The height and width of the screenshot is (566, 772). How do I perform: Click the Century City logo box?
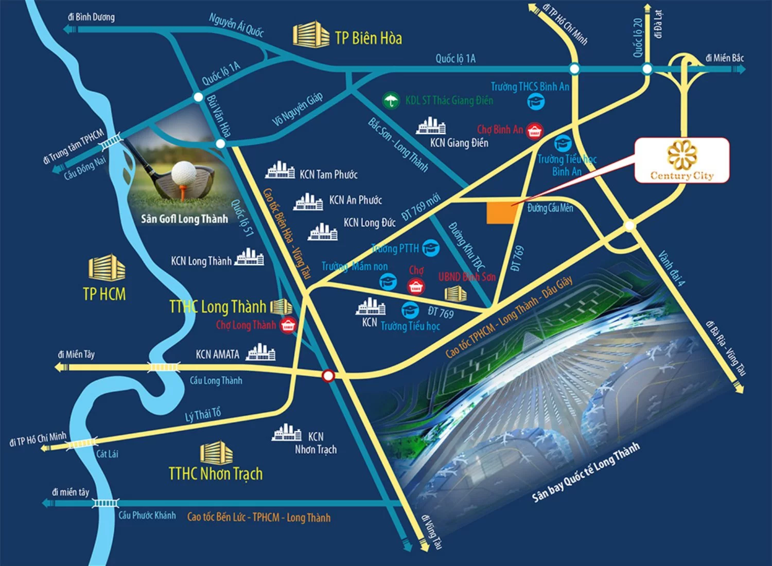click(x=681, y=160)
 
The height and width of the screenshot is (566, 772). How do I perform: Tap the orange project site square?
click(x=501, y=213)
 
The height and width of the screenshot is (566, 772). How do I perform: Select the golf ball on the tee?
click(x=183, y=173)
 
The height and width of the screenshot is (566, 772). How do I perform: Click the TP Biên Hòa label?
click(x=368, y=38)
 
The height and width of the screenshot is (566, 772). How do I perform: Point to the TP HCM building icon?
click(x=107, y=268)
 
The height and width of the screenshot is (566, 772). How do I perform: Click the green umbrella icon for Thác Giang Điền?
click(x=391, y=100)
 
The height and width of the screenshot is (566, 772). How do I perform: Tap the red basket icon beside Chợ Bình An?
click(x=534, y=131)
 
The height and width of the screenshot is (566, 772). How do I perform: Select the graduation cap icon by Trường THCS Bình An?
click(x=536, y=101)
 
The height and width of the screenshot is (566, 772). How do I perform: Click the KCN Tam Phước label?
click(x=328, y=174)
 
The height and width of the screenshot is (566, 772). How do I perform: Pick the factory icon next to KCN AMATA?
click(x=261, y=352)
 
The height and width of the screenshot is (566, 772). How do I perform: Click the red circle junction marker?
click(x=328, y=376)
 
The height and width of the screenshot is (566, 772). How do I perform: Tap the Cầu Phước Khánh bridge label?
click(x=147, y=515)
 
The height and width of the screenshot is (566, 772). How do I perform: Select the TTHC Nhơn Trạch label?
click(x=216, y=473)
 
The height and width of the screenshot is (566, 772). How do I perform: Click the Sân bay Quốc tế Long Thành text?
click(x=586, y=472)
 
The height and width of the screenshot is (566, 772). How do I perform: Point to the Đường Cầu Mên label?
click(x=550, y=208)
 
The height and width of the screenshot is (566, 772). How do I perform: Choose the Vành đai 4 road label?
click(x=672, y=268)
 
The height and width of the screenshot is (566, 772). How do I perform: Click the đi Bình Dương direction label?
click(x=91, y=17)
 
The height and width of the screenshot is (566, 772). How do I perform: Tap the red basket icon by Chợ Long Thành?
click(x=288, y=325)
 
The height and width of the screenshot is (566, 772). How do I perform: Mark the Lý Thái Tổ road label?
click(x=203, y=415)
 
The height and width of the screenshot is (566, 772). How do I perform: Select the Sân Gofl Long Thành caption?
click(x=184, y=219)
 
